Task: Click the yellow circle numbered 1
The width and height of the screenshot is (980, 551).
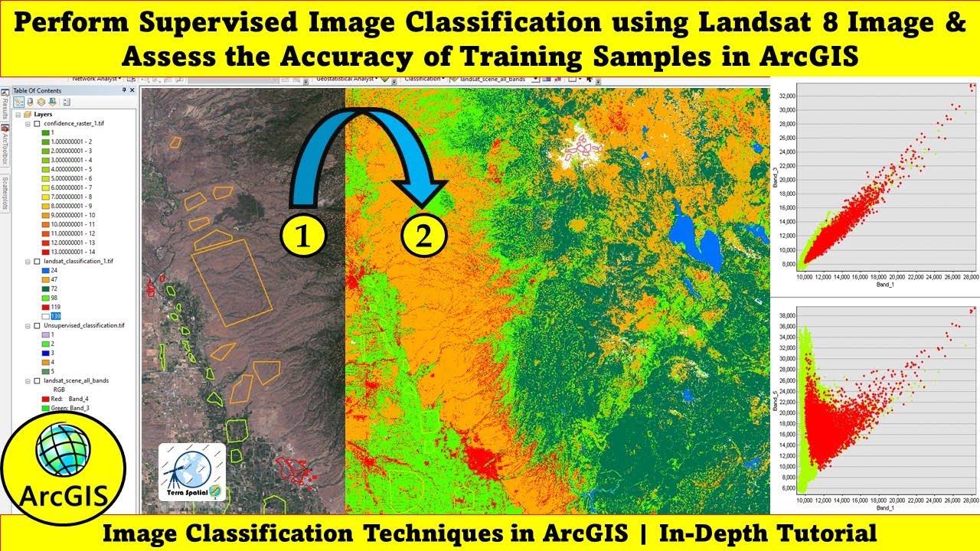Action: [x=304, y=236]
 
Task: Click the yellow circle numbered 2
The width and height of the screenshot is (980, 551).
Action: [x=423, y=236]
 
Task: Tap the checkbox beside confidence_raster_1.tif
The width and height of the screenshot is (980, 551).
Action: [x=38, y=123]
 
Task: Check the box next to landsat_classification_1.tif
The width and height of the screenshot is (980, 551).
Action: [x=38, y=261]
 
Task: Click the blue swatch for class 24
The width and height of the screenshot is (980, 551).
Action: [x=45, y=270]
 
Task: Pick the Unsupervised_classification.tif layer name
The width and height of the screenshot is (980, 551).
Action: [x=84, y=325]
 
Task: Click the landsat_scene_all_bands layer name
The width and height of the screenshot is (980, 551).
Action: [x=77, y=380]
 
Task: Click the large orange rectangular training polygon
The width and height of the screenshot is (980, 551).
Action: [x=231, y=282]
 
